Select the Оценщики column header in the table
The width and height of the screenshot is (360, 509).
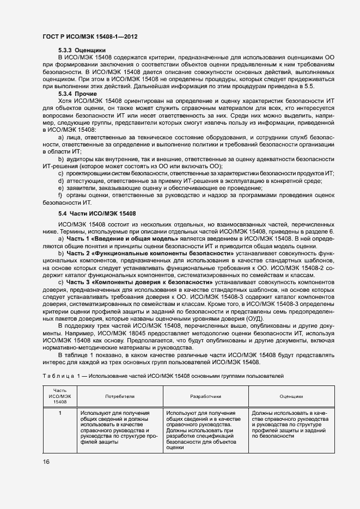pyautogui.click(x=291, y=397)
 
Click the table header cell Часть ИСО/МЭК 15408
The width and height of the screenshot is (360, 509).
pyautogui.click(x=59, y=397)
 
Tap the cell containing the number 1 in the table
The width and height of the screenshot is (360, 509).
pyautogui.click(x=60, y=414)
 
